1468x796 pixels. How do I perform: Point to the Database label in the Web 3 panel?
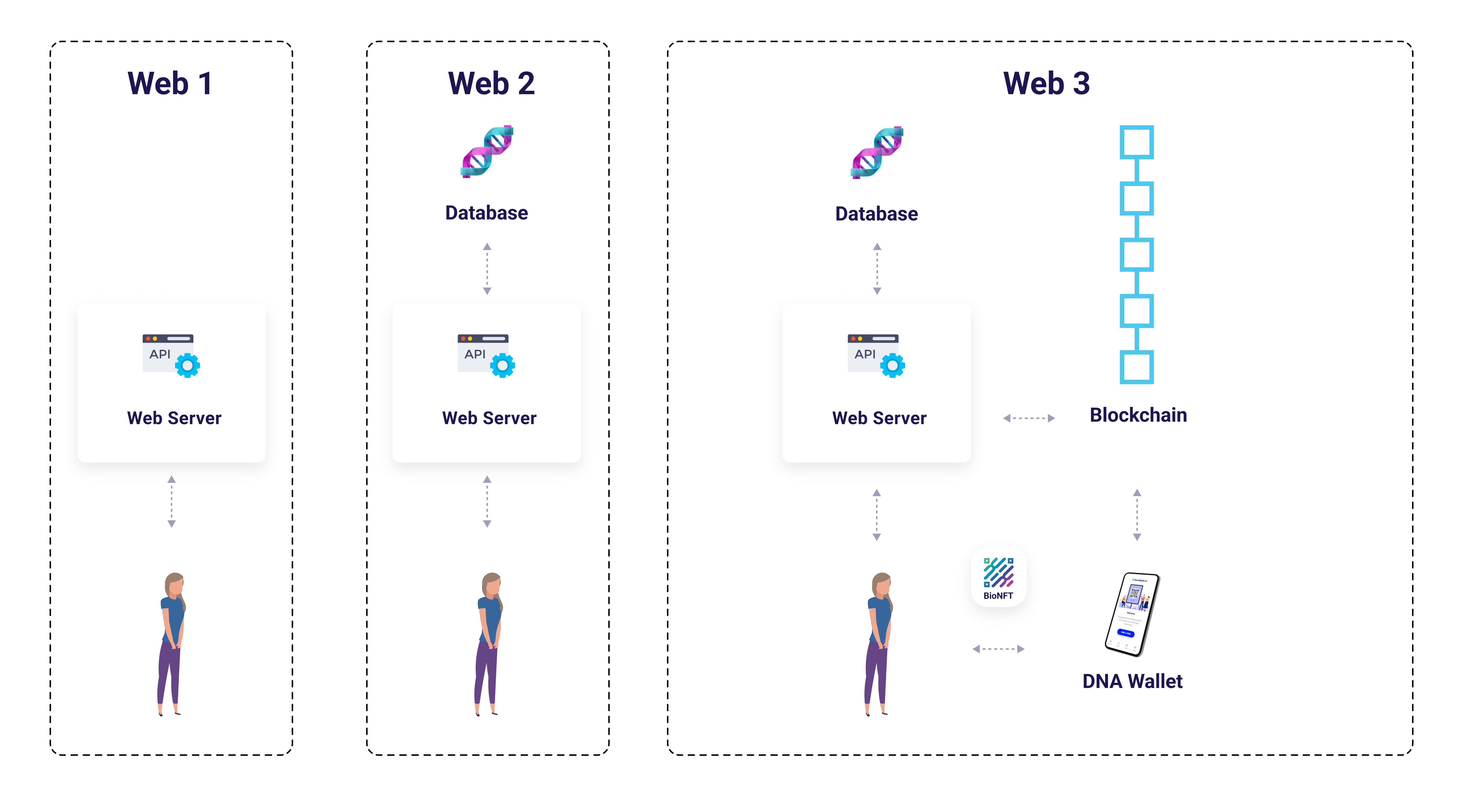(877, 214)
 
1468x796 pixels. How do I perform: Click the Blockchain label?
(1138, 415)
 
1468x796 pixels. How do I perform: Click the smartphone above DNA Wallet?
(1132, 614)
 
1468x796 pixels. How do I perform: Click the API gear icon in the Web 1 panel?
(187, 365)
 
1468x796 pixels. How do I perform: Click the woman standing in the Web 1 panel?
(171, 644)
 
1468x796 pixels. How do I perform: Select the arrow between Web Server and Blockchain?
(1029, 418)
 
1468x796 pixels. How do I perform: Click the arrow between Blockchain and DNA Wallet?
(1137, 515)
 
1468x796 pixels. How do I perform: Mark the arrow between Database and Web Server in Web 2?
(487, 268)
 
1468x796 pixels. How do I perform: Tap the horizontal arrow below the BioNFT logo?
(998, 649)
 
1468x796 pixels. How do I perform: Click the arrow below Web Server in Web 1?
(172, 501)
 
